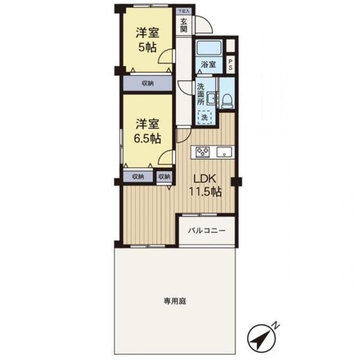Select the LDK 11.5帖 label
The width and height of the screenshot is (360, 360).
pyautogui.click(x=207, y=185)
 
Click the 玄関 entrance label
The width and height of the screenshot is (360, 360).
pyautogui.click(x=184, y=24)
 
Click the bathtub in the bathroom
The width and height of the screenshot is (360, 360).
pyautogui.click(x=208, y=48)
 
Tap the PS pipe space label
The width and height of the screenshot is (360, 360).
pyautogui.click(x=230, y=64)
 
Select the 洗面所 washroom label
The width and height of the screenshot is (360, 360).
pyautogui.click(x=201, y=94)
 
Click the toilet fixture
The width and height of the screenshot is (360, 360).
pyautogui.click(x=228, y=100)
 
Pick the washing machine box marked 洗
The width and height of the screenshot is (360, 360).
pyautogui.click(x=204, y=117)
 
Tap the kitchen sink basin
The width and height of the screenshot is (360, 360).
pyautogui.click(x=224, y=153)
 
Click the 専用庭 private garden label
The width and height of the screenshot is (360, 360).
pyautogui.click(x=175, y=301)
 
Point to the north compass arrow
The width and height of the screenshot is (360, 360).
pyautogui.click(x=261, y=339)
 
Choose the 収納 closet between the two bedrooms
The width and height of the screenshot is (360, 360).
pyautogui.click(x=147, y=83)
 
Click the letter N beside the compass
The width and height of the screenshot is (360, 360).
pyautogui.click(x=276, y=325)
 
